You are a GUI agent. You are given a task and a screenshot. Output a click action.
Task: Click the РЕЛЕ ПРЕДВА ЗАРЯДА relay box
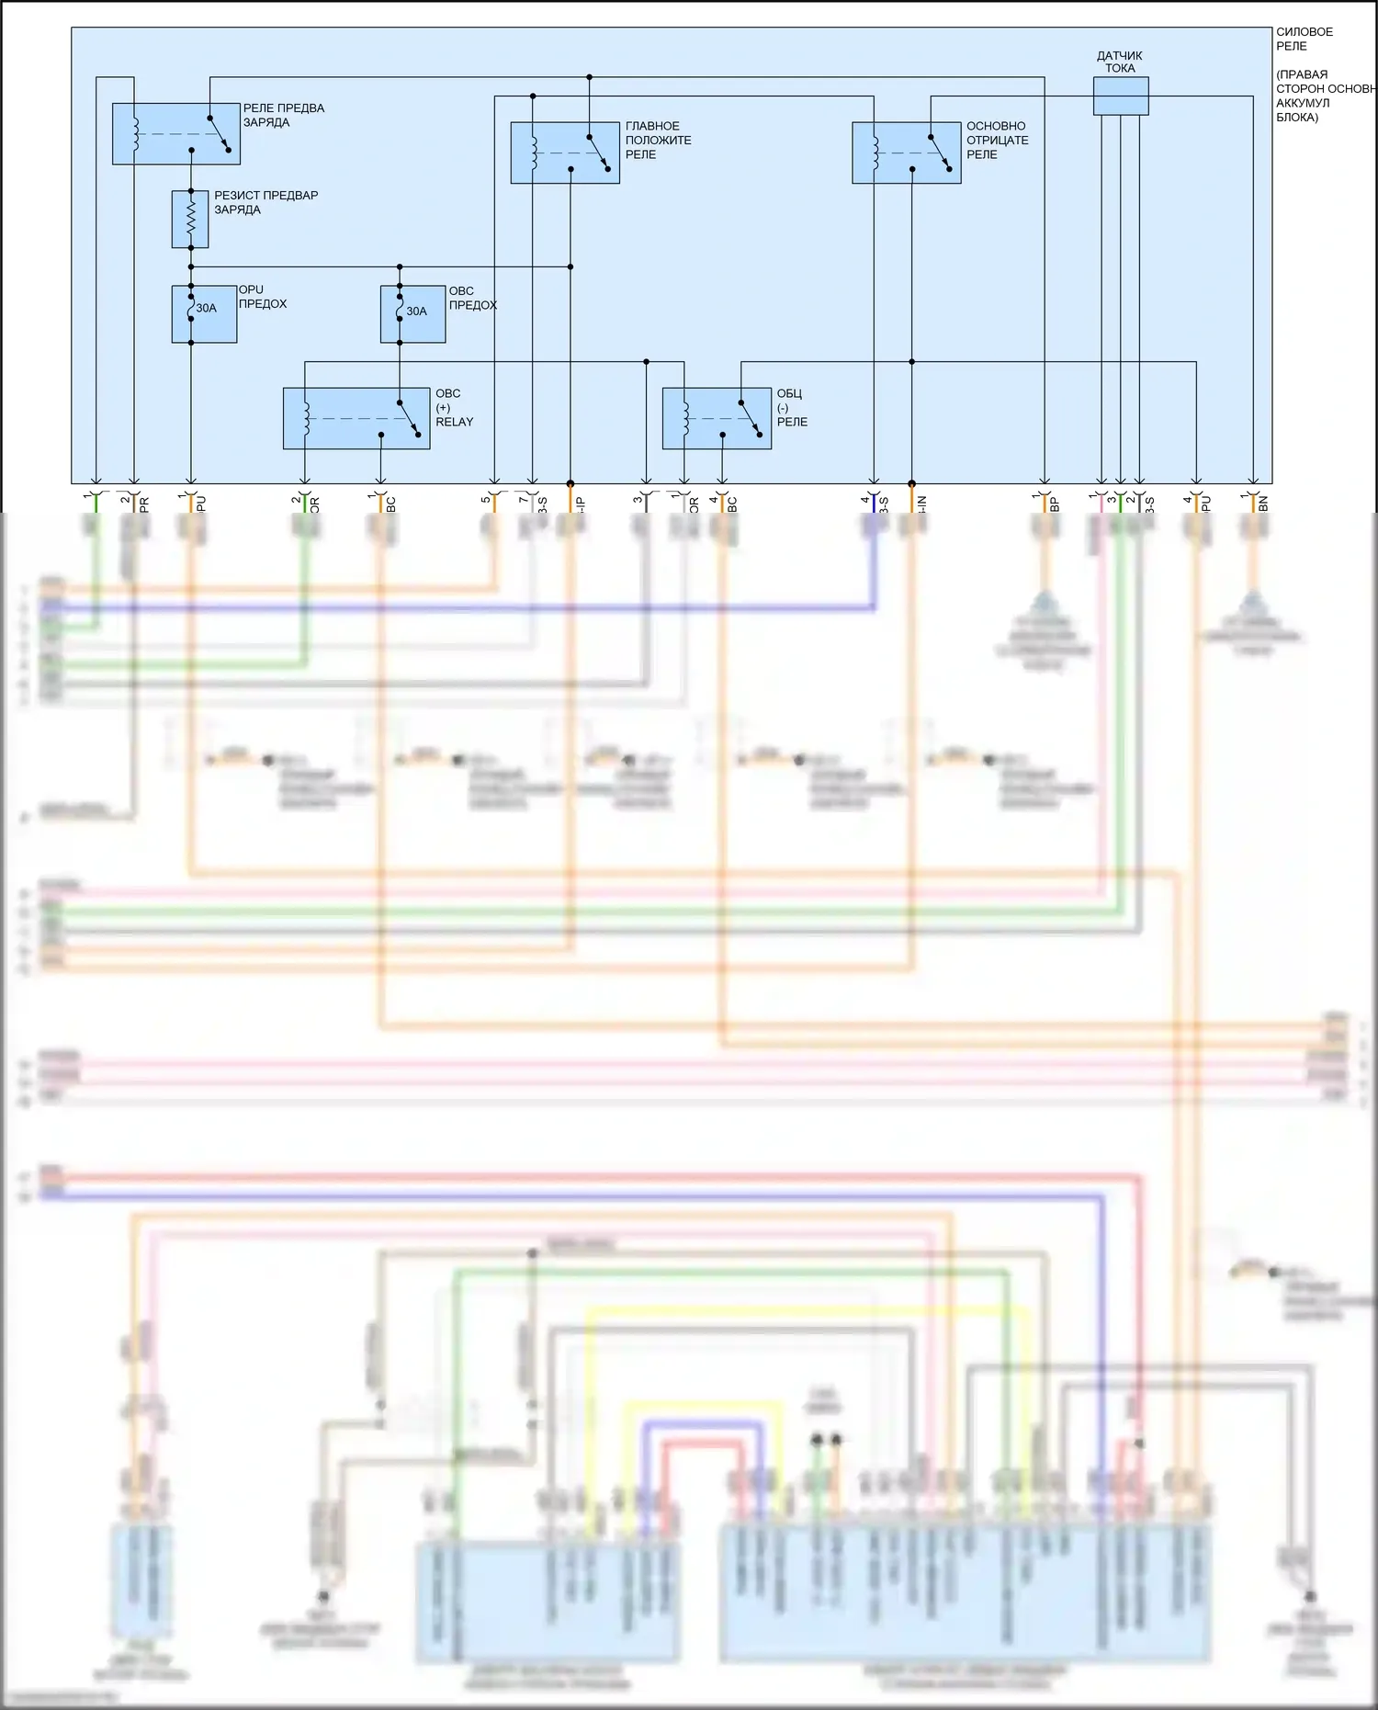point(175,134)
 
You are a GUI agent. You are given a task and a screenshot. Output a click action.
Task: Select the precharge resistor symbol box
point(190,220)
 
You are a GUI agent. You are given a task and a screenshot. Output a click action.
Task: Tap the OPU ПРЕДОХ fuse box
point(204,314)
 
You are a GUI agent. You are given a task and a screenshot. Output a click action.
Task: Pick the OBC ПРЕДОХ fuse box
point(412,314)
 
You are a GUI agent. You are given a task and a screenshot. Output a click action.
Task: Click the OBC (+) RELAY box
point(356,418)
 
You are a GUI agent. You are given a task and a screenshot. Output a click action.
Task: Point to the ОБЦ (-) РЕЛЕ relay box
point(717,418)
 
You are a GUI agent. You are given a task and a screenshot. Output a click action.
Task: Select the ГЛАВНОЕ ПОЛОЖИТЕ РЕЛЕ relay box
point(564,153)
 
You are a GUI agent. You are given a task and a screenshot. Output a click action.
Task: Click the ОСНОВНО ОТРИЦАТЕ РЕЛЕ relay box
point(906,153)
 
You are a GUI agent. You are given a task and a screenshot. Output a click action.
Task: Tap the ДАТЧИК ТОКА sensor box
point(1120,96)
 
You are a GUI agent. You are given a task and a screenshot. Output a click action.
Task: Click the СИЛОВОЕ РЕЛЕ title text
point(1304,39)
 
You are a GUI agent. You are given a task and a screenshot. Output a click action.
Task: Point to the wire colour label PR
point(144,504)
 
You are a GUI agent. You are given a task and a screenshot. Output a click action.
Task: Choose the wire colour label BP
point(1055,504)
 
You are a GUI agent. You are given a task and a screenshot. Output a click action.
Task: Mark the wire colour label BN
point(1263,504)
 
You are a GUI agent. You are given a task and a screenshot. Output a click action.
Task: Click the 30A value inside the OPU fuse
point(207,308)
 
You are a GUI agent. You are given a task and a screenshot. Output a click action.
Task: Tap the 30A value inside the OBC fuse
point(417,311)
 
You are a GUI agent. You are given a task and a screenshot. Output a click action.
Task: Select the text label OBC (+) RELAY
point(454,407)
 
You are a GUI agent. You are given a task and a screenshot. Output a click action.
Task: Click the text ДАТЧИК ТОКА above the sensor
point(1119,62)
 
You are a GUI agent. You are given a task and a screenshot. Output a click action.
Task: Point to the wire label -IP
point(581,504)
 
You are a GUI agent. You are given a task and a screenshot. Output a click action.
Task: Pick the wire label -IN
point(922,504)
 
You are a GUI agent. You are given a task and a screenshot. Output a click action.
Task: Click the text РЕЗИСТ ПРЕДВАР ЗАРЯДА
point(265,202)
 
